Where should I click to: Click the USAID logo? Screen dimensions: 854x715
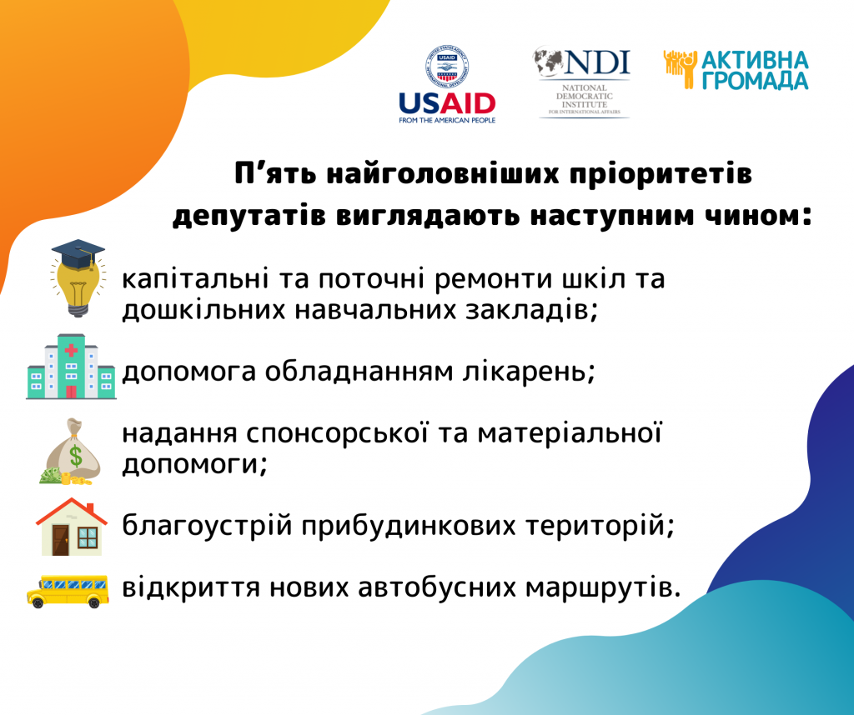coord(447,84)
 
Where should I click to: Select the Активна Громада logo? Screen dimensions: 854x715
coord(736,70)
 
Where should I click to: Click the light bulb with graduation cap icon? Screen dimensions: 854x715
coord(77,277)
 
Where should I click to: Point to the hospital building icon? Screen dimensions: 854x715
coord(71,366)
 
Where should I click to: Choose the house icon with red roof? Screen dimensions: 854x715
coord(72,527)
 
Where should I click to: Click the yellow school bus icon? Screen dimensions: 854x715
coord(68,591)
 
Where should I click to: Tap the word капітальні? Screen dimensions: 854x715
coord(195,279)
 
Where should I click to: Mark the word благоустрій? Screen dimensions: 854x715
coord(208,526)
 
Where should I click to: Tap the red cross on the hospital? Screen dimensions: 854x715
coord(71,350)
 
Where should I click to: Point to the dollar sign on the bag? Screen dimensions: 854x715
coord(76,456)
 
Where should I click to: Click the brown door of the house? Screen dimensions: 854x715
coord(60,540)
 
